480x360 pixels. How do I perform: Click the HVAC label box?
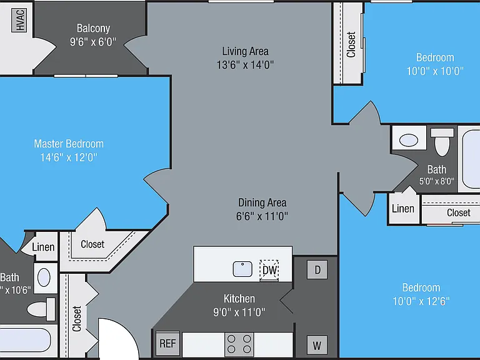19,20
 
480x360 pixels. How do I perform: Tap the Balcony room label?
93,28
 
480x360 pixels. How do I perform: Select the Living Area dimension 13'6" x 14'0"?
245,65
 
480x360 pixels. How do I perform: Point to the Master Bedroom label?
69,144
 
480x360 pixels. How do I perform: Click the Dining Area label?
262,202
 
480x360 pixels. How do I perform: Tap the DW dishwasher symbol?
269,270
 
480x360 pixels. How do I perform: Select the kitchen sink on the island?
242,269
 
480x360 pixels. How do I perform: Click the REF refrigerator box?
167,344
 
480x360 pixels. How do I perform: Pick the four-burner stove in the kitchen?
239,344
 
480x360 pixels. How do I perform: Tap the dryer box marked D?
317,270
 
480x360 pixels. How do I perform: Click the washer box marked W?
317,346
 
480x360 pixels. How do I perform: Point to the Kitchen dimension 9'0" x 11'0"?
239,312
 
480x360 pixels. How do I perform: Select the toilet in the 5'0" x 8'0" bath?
442,142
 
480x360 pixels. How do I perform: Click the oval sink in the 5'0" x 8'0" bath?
409,141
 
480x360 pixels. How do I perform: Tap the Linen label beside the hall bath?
403,209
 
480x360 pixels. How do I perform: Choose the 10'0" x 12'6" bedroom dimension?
421,301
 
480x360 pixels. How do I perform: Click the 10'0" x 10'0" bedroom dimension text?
435,71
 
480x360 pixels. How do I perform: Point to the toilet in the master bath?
41,309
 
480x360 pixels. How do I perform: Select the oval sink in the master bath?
44,277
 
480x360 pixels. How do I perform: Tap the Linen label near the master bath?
43,247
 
